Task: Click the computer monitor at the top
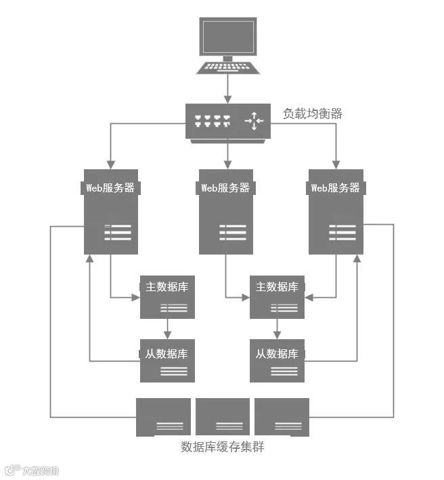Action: click(x=227, y=37)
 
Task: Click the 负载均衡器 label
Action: click(x=312, y=114)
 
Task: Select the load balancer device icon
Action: click(x=228, y=121)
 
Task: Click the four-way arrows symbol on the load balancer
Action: click(x=254, y=122)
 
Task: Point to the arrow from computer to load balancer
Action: click(x=228, y=88)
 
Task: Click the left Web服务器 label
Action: click(x=111, y=188)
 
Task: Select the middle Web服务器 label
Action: click(x=225, y=188)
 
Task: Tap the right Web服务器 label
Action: click(x=335, y=188)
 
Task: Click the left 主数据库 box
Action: click(x=167, y=297)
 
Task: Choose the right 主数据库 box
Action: click(x=277, y=297)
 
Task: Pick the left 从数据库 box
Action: click(x=167, y=360)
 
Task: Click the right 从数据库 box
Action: click(x=277, y=360)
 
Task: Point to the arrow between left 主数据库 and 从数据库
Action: click(x=167, y=329)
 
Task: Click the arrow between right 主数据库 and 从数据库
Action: click(x=277, y=329)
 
